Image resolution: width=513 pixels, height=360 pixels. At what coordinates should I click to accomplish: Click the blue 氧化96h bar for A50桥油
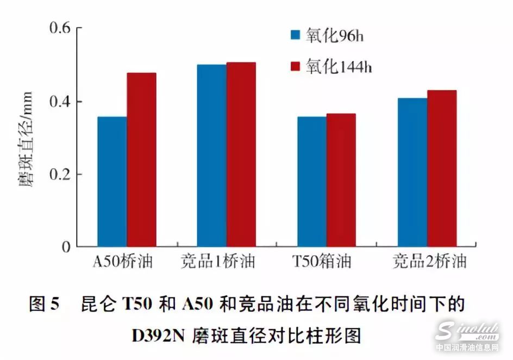click(x=112, y=182)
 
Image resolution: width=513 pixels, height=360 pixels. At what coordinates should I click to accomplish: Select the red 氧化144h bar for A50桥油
click(x=141, y=160)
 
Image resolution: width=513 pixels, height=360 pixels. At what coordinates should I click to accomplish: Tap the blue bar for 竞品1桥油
click(x=212, y=156)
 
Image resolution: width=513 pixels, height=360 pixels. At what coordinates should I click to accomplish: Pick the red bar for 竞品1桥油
click(x=241, y=154)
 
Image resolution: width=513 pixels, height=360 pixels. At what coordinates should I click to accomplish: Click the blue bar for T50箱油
click(x=312, y=182)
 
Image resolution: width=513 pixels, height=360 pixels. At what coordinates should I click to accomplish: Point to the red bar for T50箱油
click(x=341, y=180)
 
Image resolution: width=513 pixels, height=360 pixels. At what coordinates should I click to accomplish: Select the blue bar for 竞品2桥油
click(x=412, y=172)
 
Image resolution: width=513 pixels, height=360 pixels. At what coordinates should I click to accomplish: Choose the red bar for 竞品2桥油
click(x=442, y=169)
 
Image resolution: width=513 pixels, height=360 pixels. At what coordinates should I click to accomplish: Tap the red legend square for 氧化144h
click(x=296, y=66)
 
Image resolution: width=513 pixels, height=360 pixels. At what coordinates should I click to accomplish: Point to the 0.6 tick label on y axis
click(x=59, y=28)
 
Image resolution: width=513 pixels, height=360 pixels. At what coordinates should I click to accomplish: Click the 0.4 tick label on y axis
click(x=59, y=102)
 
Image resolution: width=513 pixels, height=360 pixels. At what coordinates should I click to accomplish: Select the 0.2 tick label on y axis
click(x=59, y=175)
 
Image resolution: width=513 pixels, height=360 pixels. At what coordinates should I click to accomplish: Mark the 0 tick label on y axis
click(x=66, y=247)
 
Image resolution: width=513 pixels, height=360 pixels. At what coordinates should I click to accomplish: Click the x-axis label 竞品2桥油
click(x=429, y=263)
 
